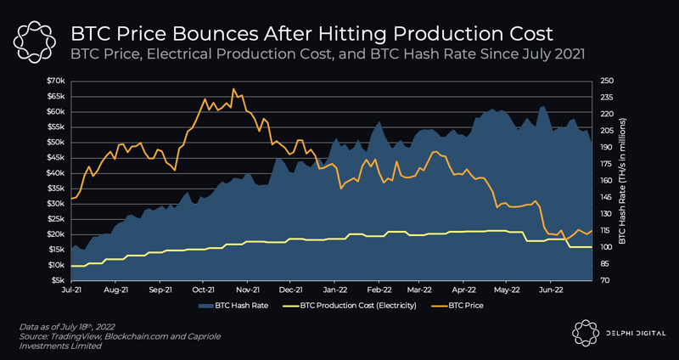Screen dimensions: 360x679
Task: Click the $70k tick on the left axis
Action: coord(56,80)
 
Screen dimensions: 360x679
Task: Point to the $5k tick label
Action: coord(58,280)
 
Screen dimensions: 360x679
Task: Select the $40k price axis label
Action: coord(56,172)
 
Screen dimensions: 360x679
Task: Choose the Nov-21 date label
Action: coord(247,289)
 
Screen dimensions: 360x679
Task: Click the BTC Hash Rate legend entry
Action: coord(236,304)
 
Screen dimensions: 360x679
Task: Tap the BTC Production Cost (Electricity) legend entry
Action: coord(354,304)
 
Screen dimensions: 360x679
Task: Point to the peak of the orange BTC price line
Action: coord(233,88)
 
